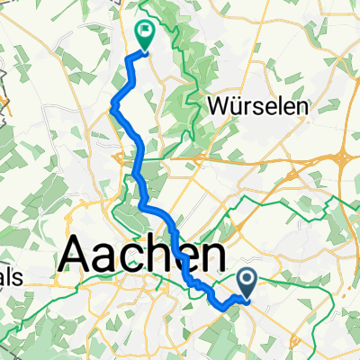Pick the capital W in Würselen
tap(218, 105)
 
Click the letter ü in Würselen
tap(235, 105)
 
